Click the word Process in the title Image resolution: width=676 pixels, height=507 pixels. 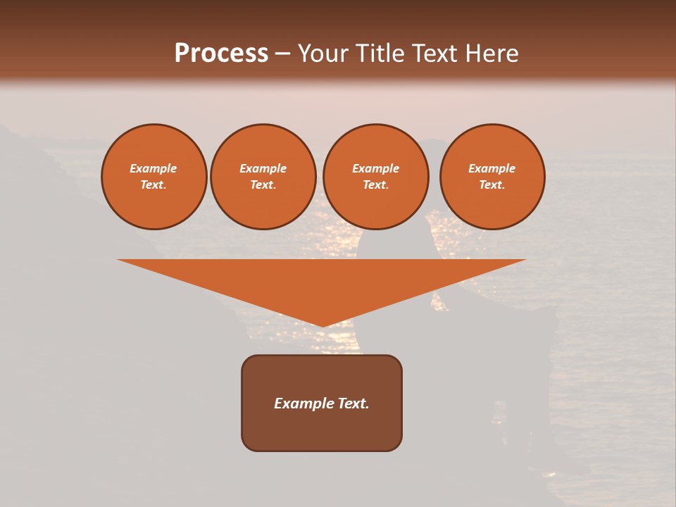221,54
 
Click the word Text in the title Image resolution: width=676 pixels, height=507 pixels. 431,54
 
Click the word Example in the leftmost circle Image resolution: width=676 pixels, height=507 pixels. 154,168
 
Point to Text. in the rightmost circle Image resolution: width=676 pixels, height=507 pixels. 492,184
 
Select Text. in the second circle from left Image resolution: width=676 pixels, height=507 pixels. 263,184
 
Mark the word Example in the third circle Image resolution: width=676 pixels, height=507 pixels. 375,168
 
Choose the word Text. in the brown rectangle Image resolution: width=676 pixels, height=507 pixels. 351,403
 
